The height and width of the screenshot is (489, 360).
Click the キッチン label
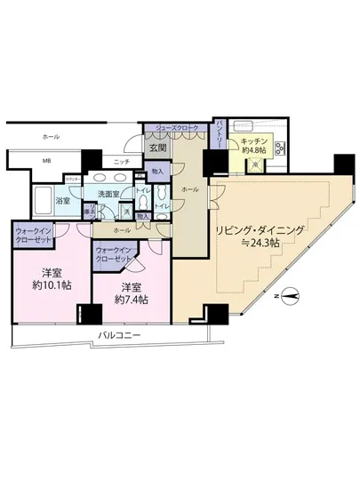pos(252,140)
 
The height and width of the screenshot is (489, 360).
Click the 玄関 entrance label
pos(158,148)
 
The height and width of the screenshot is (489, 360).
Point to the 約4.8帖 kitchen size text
pos(252,151)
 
